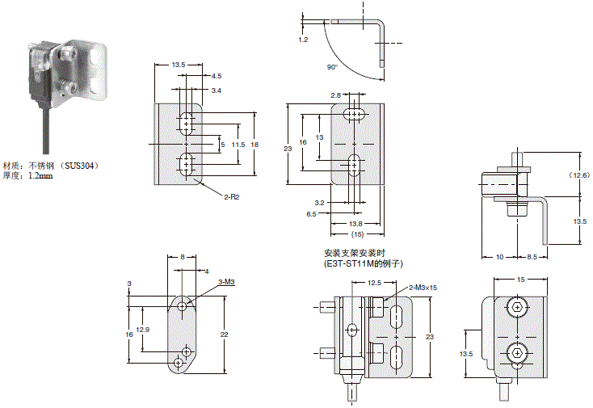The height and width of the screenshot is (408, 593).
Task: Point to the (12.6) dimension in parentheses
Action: click(579, 175)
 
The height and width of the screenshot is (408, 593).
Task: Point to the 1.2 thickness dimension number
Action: click(303, 38)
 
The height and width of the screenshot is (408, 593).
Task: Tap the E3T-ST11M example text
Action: click(363, 264)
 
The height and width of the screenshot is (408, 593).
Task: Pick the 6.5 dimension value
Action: click(312, 214)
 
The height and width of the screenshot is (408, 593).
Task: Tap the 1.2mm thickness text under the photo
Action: click(40, 175)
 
